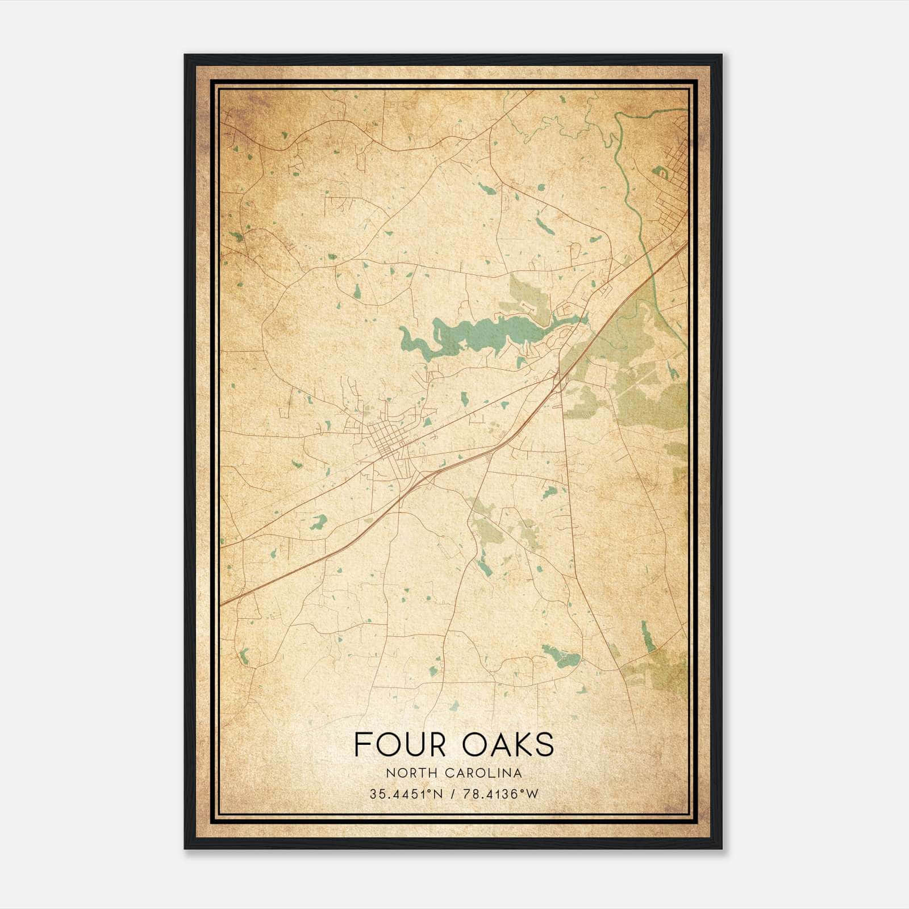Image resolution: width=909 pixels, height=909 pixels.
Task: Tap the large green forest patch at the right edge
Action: pos(653,398)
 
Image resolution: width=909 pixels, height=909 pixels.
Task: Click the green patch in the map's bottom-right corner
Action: pos(659,670)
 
